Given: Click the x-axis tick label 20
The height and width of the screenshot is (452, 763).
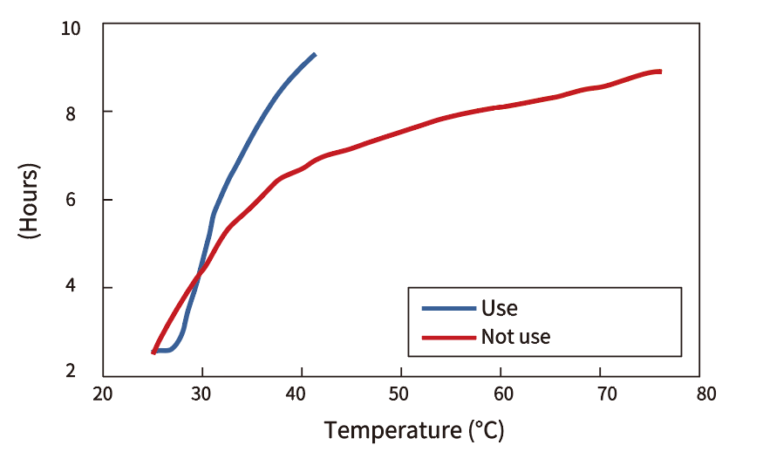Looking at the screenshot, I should pyautogui.click(x=103, y=394).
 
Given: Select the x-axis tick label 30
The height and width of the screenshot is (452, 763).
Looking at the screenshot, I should pyautogui.click(x=202, y=394).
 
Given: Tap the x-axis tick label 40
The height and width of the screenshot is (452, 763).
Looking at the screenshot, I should pyautogui.click(x=302, y=394).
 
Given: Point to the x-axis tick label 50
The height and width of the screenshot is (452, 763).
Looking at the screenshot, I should pyautogui.click(x=401, y=394).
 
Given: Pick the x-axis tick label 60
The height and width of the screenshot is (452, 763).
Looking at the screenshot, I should pyautogui.click(x=501, y=394).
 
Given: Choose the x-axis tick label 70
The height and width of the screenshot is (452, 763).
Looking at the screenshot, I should pyautogui.click(x=600, y=394).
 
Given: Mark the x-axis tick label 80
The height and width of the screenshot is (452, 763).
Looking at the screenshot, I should pyautogui.click(x=699, y=394).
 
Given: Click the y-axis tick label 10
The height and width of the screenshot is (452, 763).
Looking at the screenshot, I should pyautogui.click(x=71, y=29).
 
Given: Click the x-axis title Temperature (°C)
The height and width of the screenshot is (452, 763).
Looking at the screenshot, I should pyautogui.click(x=414, y=430).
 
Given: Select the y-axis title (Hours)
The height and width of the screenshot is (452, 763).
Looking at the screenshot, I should pyautogui.click(x=28, y=201).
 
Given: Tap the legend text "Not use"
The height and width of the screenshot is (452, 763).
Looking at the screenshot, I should pyautogui.click(x=515, y=336).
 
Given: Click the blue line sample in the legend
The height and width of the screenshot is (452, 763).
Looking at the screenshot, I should pyautogui.click(x=448, y=308).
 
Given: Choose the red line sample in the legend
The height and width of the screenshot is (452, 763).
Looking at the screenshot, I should pyautogui.click(x=448, y=336).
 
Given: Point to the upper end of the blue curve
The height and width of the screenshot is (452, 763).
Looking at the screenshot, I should pyautogui.click(x=314, y=55).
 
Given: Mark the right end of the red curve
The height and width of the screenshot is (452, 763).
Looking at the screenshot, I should pyautogui.click(x=660, y=72).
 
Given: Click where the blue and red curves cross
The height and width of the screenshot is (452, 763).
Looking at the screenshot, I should pyautogui.click(x=201, y=272).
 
